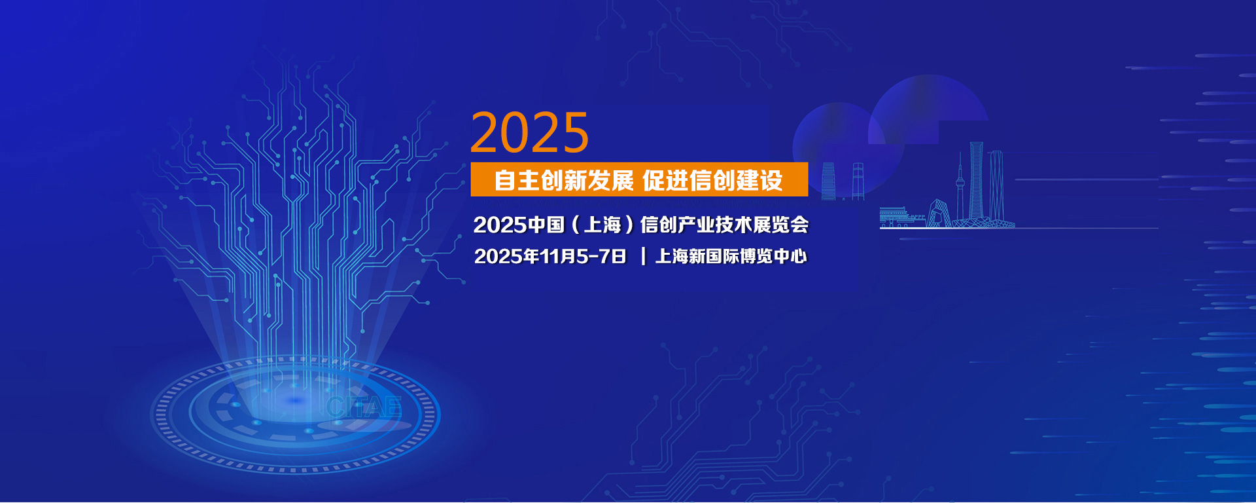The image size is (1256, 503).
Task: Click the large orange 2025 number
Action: coord(530,132)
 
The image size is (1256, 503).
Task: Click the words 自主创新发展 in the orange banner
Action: coord(564,180)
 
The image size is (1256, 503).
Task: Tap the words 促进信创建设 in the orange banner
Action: coord(712,180)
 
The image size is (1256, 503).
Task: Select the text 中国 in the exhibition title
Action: coord(546,225)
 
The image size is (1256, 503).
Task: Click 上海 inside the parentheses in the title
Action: coord(602,225)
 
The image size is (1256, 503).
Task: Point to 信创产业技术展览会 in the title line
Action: coord(724,225)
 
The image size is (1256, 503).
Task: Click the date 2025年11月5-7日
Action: coord(550,256)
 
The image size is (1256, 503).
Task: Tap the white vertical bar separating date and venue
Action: coord(643,256)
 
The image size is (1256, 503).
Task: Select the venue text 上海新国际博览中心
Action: coord(731,256)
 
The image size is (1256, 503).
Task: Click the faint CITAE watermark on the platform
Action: coord(364,407)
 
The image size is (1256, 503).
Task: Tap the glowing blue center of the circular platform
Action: coord(296,400)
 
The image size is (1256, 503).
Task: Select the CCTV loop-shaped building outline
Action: coord(939,214)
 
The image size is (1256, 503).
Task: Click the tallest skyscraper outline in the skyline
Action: coord(976,183)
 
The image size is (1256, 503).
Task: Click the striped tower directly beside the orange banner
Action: coord(829,181)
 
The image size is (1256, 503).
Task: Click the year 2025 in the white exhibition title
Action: coord(500,225)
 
